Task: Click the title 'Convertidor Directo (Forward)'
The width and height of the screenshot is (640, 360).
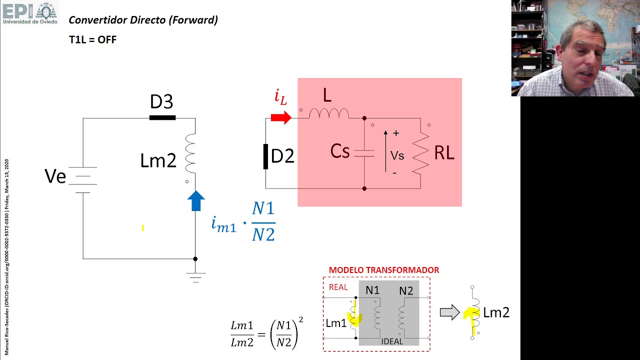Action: [x=143, y=20]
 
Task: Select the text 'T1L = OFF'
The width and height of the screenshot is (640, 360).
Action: [x=92, y=39]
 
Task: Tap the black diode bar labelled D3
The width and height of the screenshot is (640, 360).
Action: [x=162, y=118]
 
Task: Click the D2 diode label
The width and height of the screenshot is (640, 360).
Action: [x=282, y=156]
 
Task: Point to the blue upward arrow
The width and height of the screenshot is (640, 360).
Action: [x=196, y=201]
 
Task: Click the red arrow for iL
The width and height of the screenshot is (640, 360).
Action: [x=281, y=118]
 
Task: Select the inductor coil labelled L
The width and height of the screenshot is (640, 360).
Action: [x=328, y=114]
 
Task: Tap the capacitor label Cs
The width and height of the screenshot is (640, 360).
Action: [x=340, y=151]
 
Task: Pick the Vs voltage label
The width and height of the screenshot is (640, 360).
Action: [x=397, y=155]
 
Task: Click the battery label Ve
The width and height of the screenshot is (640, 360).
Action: [x=55, y=176]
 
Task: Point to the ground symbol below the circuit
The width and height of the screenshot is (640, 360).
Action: [x=195, y=277]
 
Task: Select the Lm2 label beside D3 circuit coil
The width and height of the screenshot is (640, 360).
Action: [x=158, y=161]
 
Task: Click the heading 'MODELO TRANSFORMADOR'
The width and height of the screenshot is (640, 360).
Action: [x=383, y=270]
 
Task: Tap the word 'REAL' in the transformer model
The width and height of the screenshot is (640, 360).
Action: [x=338, y=287]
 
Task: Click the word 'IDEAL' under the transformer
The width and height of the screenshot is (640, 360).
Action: [x=392, y=341]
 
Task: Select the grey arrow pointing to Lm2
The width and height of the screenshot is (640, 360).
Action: [x=449, y=313]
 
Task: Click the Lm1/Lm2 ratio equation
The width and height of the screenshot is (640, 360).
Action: [x=266, y=333]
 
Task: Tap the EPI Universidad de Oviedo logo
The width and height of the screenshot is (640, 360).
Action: [x=30, y=13]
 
